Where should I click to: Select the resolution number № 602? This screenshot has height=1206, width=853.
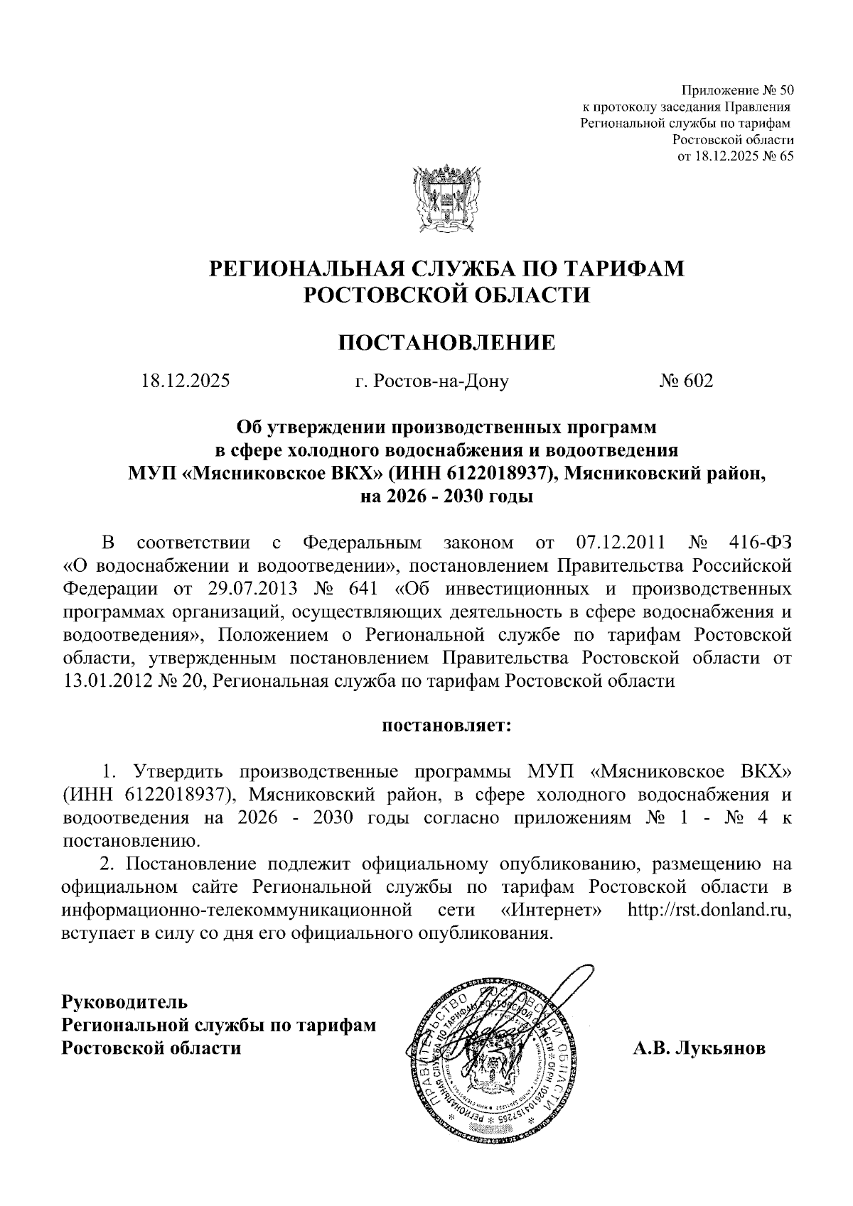click(x=685, y=381)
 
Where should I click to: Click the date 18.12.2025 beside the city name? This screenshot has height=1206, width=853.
click(x=185, y=381)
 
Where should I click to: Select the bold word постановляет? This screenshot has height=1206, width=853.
click(x=447, y=726)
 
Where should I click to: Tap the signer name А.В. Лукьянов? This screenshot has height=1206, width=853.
click(x=699, y=1048)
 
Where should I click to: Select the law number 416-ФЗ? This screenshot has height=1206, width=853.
click(x=760, y=543)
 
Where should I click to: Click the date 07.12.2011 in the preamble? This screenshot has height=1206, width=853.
click(x=617, y=543)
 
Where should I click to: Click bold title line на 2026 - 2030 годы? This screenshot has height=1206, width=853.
click(x=446, y=496)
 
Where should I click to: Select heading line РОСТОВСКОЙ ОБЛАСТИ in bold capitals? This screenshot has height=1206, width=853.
click(x=446, y=294)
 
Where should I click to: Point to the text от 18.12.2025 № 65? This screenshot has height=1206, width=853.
click(x=735, y=156)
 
